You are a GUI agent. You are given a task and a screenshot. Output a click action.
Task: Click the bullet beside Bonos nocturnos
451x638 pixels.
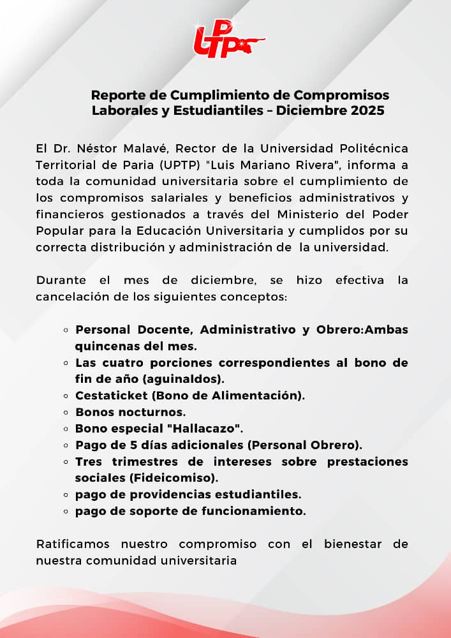pyautogui.click(x=66, y=412)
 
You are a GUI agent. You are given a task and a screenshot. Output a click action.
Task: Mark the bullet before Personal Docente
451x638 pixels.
pyautogui.click(x=66, y=330)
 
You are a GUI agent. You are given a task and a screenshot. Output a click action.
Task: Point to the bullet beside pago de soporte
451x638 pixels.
pyautogui.click(x=66, y=511)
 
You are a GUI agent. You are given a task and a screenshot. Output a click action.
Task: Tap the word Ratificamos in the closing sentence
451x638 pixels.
pyautogui.click(x=73, y=544)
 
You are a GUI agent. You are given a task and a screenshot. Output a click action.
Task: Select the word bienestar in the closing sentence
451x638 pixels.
pyautogui.click(x=345, y=544)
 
